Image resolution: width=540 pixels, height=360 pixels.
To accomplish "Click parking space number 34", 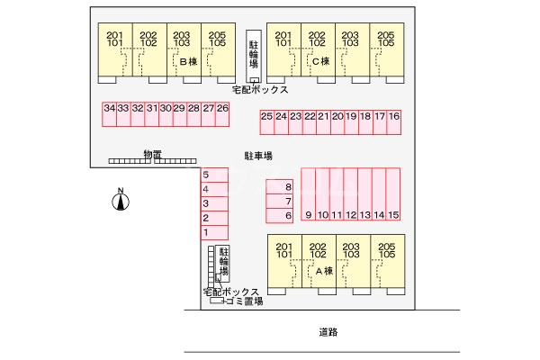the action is pos(110,114).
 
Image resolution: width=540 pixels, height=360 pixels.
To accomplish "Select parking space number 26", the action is pos(222,114).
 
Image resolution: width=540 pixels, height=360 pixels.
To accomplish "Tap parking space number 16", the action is pos(394,122).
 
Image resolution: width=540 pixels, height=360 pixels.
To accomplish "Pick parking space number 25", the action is pos(267,122).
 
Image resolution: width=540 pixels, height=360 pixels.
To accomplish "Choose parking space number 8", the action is pos(279,186).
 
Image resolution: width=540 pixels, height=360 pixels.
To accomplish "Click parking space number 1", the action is pos(214,232).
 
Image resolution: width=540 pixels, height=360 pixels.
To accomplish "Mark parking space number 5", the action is pos(214,175).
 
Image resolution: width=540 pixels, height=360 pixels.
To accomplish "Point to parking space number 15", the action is pos(393,194).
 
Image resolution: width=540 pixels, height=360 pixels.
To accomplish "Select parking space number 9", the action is pos(309,194).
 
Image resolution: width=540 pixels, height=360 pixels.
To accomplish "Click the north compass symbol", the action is pos(121,200).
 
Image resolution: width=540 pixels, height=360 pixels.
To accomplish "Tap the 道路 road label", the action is pos(328,332).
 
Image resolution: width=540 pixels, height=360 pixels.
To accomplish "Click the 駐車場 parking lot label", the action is pos(258,156).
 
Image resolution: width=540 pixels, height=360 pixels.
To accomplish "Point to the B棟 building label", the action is pos(189,62).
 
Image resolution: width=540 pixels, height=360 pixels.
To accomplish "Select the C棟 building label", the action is pos(321,61).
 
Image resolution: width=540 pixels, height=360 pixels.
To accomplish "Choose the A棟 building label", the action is pos(324,271).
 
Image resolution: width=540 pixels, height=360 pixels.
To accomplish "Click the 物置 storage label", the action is pos(153,154).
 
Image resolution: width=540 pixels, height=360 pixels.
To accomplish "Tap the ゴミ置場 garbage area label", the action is pos(245,301).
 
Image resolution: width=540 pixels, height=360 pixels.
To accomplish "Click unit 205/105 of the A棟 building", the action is pos(388,261).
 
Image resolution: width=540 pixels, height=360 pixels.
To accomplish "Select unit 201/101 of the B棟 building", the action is pos(115,49).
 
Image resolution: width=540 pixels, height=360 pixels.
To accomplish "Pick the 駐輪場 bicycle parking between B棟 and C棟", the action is pos(254,56).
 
